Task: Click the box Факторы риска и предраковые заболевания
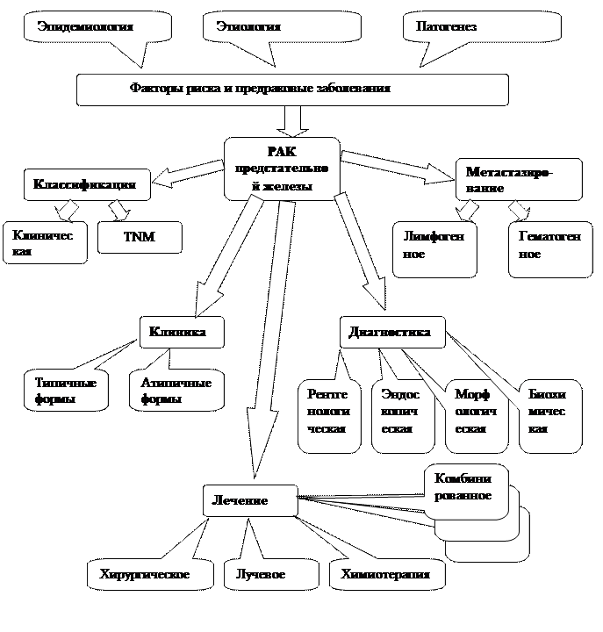[292, 89]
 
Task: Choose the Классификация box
[85, 185]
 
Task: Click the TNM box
[140, 237]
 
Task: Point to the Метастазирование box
[519, 180]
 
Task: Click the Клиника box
[181, 333]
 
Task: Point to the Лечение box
[249, 500]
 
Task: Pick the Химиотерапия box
[386, 575]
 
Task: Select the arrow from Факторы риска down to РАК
[292, 120]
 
